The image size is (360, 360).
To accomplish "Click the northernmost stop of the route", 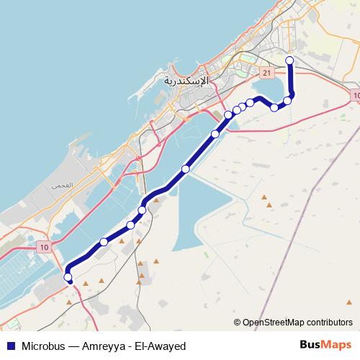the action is (x=289, y=60).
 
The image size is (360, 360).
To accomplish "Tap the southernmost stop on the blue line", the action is (x=68, y=277).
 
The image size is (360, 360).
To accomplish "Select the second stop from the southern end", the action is (x=104, y=242).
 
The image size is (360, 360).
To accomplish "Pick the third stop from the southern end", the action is (x=131, y=225).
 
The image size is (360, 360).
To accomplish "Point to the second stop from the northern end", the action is (x=287, y=100).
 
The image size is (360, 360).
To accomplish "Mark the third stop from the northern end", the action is (x=274, y=107).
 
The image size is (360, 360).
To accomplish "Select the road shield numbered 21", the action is (x=266, y=73).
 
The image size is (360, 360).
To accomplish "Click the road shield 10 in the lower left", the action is (x=45, y=248).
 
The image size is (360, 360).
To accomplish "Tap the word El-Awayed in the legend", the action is (x=163, y=346).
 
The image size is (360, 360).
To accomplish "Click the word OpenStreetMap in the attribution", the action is (x=274, y=322).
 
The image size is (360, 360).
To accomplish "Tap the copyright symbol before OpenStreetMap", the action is (x=238, y=322).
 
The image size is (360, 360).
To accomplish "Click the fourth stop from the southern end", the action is (x=142, y=210).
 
